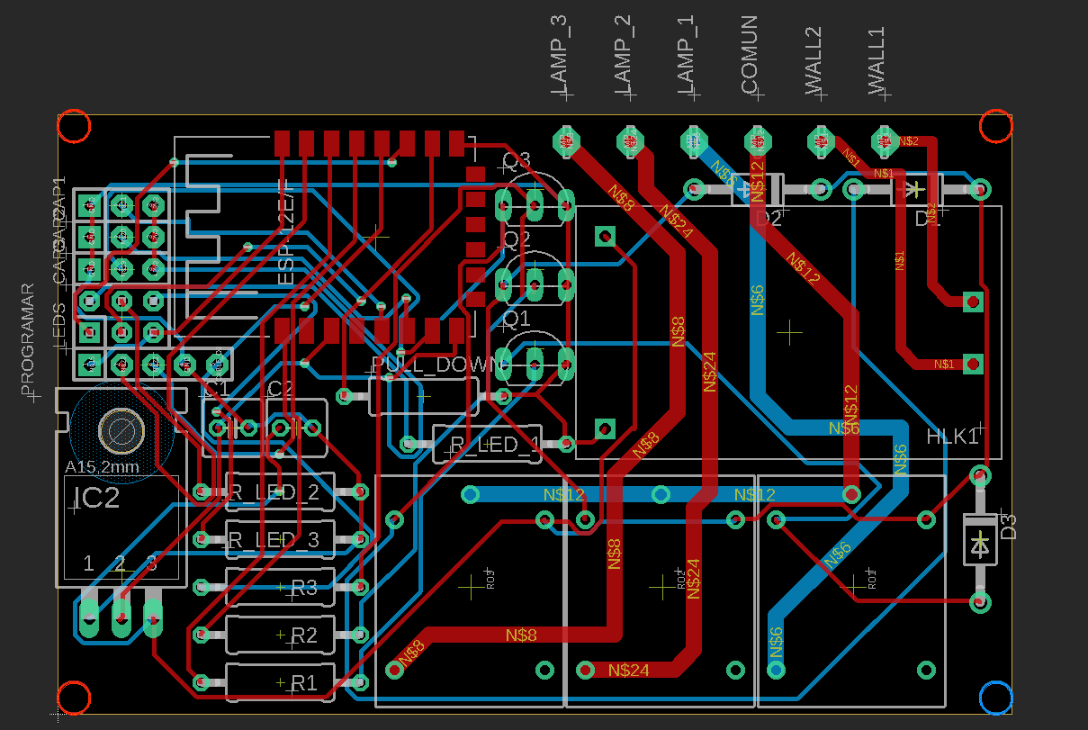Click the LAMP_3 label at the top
[559, 56]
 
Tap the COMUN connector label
[750, 56]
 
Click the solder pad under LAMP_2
[630, 140]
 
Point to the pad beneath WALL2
[820, 140]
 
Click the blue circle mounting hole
[995, 698]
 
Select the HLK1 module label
[952, 437]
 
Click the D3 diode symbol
[980, 543]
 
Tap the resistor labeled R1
[303, 683]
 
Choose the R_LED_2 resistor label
[274, 492]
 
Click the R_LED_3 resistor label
[274, 540]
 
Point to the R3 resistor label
[303, 588]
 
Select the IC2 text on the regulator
[96, 498]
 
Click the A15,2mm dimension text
[102, 467]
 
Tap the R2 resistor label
[303, 635]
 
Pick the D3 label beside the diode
[1009, 527]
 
